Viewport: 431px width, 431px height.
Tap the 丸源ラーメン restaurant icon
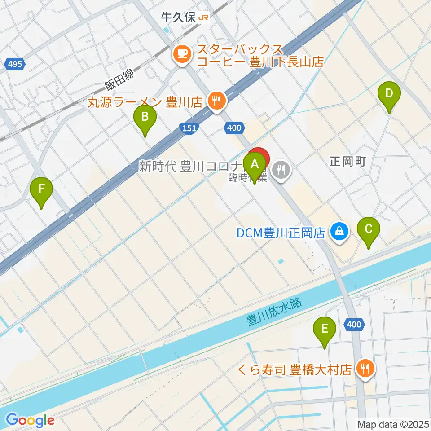217,101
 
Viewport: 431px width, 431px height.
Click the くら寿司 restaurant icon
363,369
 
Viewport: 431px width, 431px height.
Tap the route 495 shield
15,65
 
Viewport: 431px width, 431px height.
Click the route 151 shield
190,128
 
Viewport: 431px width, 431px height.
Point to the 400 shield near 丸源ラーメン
233,128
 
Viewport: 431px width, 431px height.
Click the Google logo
30,420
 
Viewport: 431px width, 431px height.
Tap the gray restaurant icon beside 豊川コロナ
281,170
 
